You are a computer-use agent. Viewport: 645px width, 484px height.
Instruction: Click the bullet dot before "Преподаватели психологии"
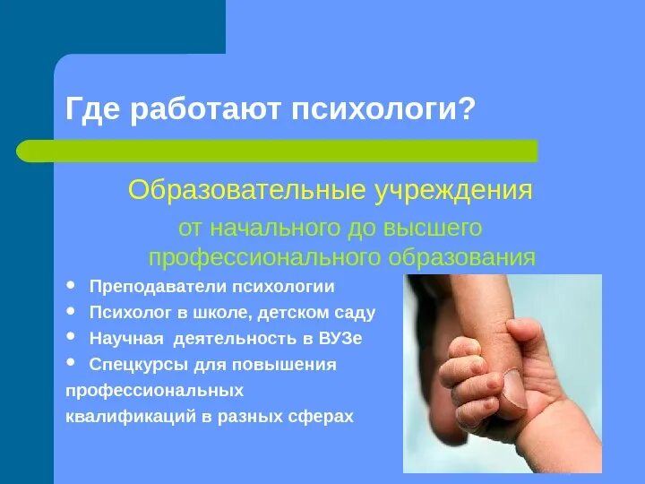tap(72, 286)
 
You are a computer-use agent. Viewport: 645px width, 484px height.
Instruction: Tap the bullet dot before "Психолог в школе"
tap(72, 312)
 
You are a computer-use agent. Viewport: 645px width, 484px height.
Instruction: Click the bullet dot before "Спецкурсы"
tap(72, 363)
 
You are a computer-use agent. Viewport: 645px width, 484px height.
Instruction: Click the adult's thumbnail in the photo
tap(512, 388)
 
